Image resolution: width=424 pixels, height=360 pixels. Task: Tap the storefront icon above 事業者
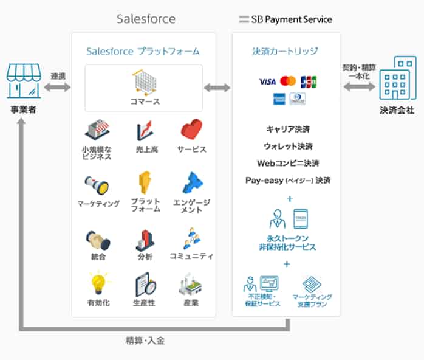pos(23,81)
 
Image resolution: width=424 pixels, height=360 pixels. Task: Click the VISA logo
pos(267,81)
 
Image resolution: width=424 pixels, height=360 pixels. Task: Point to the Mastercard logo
pos(288,81)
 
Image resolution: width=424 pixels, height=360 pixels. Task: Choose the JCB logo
pos(309,81)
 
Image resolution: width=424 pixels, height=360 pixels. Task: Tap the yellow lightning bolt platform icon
pos(145,182)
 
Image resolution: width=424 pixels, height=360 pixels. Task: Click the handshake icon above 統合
pos(97,239)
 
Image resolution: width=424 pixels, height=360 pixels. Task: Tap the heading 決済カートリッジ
pos(285,51)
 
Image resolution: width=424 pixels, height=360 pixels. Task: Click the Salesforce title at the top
pos(146,19)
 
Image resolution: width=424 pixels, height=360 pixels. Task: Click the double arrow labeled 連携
pos(57,88)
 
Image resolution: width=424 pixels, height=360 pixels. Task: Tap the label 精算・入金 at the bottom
pos(145,341)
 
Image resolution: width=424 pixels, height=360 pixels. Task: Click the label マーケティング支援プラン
pos(312,300)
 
